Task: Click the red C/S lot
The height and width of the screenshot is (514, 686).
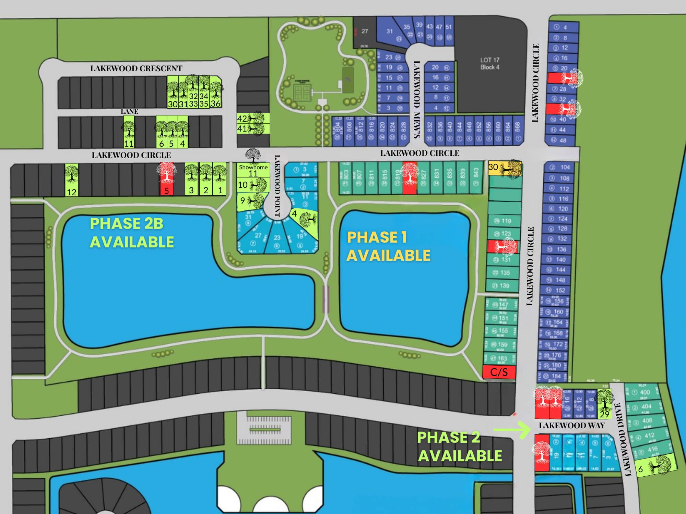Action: tap(499, 372)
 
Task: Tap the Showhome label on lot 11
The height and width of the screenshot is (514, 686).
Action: tap(253, 167)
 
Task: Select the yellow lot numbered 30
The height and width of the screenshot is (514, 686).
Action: tap(505, 168)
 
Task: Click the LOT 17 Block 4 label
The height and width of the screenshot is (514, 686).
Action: tap(489, 64)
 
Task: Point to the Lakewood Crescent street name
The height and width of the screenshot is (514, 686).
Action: tap(136, 69)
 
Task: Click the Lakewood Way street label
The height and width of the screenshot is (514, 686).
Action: tap(571, 426)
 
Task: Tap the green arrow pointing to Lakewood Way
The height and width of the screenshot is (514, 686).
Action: tap(512, 430)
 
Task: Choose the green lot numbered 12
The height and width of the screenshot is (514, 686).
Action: tap(72, 180)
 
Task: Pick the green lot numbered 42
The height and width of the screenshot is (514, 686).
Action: tap(253, 119)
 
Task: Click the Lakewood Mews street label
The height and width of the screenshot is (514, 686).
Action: tap(417, 99)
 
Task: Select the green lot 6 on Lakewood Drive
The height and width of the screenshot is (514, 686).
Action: tap(655, 466)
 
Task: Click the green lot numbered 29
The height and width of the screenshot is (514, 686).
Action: tap(604, 404)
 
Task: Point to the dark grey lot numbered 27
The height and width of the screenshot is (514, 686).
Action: tap(365, 32)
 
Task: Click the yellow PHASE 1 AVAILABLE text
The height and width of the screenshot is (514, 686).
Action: tap(388, 246)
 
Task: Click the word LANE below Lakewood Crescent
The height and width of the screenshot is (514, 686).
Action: tap(129, 111)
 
